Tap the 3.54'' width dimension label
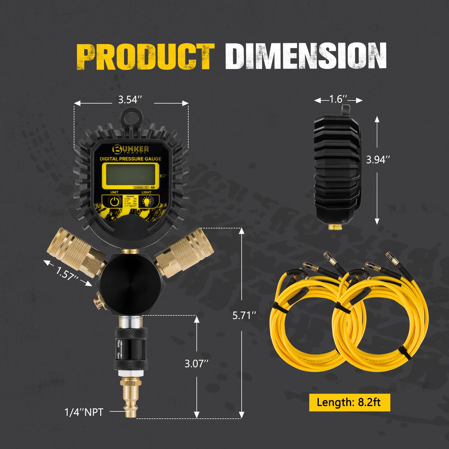130,100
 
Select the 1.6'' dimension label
338,99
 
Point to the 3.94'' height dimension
378,160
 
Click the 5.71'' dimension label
244,315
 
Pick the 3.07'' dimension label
196,364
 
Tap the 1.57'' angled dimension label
67,273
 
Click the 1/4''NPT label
84,412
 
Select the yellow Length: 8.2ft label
349,402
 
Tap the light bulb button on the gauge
147,201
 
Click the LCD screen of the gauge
130,175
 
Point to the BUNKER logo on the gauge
130,149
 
